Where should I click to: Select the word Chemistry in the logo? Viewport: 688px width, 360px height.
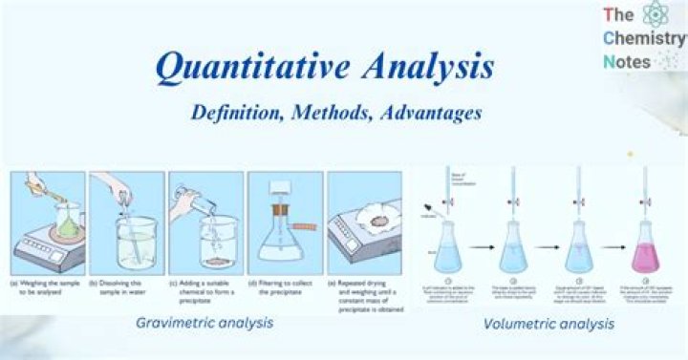[x=643, y=38]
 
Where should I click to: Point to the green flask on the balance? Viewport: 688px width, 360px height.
[x=66, y=225]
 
